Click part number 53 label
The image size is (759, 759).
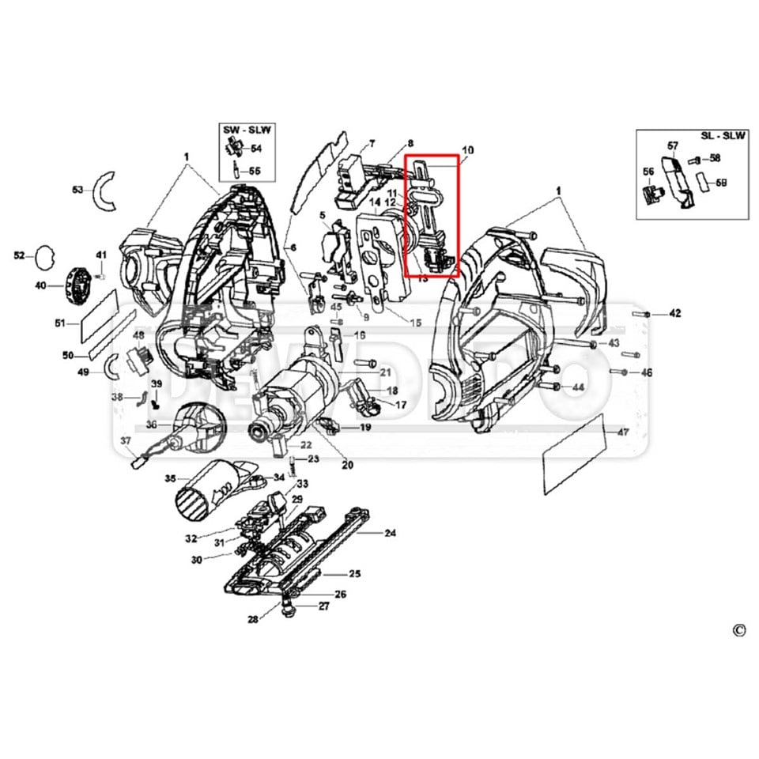pyautogui.click(x=77, y=190)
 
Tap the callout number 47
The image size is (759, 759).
pyautogui.click(x=623, y=432)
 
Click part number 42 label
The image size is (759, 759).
pyautogui.click(x=674, y=314)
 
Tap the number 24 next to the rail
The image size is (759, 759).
pyautogui.click(x=390, y=533)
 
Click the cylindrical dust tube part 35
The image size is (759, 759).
pyautogui.click(x=205, y=495)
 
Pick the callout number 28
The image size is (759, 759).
pyautogui.click(x=252, y=619)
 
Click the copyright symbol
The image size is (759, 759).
pyautogui.click(x=738, y=629)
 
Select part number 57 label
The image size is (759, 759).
pyautogui.click(x=673, y=145)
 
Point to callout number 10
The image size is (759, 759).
pyautogui.click(x=468, y=149)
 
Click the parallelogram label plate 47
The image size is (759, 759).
pyautogui.click(x=576, y=456)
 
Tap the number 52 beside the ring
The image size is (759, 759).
pyautogui.click(x=20, y=255)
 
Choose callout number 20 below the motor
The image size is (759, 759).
pyautogui.click(x=347, y=465)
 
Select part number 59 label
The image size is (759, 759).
pyautogui.click(x=722, y=183)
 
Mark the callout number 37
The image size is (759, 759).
pyautogui.click(x=125, y=441)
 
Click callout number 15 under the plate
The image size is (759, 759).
pyautogui.click(x=416, y=322)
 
